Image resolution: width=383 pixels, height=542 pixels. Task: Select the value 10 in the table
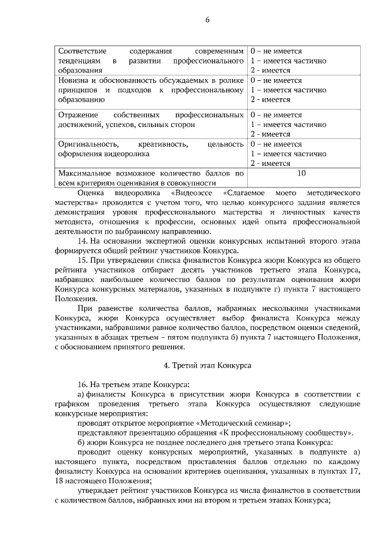[302, 173]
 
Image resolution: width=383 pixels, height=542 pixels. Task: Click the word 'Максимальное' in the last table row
[83, 173]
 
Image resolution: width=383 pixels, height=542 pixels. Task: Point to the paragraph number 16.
[83, 383]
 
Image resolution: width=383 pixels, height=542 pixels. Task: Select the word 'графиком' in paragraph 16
[71, 403]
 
